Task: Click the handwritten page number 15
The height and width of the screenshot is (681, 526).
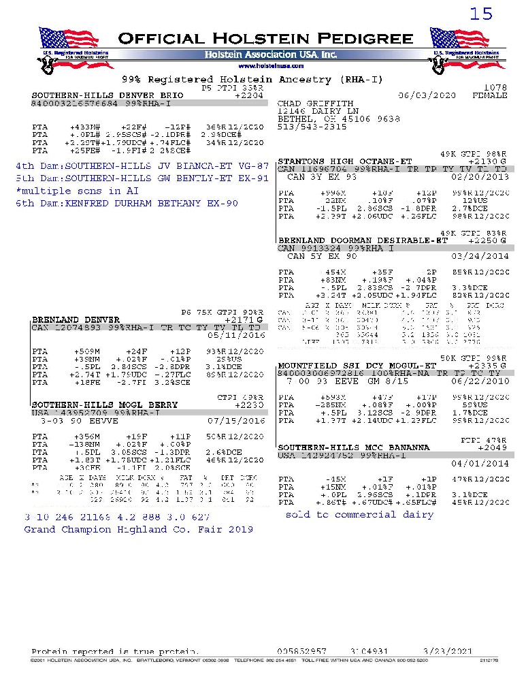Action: pyautogui.click(x=481, y=14)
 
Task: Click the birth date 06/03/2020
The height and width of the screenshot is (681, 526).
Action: pyautogui.click(x=427, y=96)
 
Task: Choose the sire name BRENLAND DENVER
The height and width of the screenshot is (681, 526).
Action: pyautogui.click(x=76, y=319)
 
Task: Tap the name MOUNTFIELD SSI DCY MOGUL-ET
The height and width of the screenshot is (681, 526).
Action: pyautogui.click(x=357, y=366)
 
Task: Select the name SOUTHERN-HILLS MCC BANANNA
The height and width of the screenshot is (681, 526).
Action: pyautogui.click(x=354, y=447)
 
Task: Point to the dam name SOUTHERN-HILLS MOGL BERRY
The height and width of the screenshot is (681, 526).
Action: pyautogui.click(x=104, y=405)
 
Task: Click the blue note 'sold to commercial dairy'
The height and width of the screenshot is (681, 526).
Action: pyautogui.click(x=359, y=515)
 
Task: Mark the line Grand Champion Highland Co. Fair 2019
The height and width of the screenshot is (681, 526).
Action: pyautogui.click(x=138, y=529)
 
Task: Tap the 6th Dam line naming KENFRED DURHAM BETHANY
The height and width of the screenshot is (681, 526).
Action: pyautogui.click(x=127, y=204)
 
